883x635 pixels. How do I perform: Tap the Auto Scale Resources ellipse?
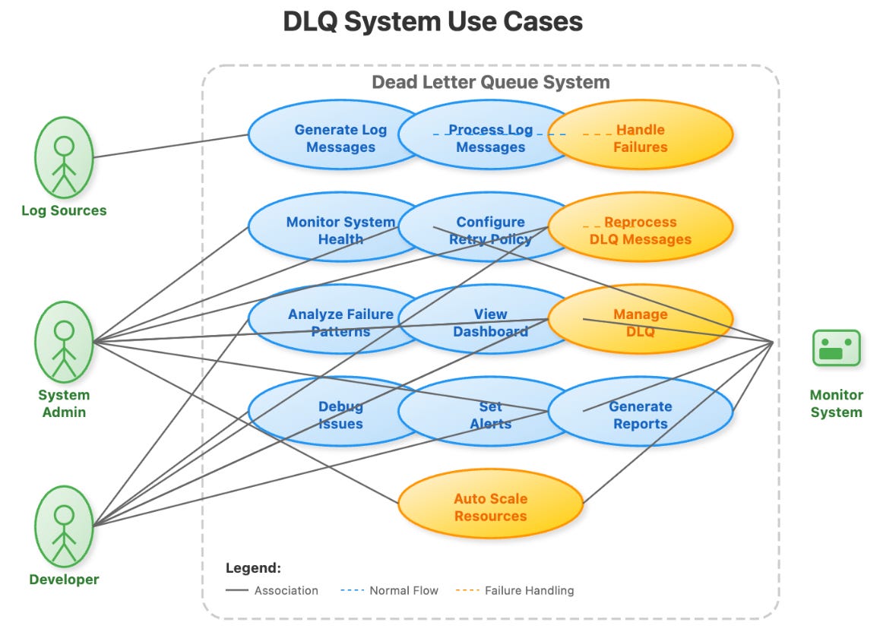(x=490, y=507)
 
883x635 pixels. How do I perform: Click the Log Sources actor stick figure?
(x=64, y=158)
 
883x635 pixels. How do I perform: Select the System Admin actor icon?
(x=64, y=342)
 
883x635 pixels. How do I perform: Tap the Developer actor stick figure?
(x=64, y=526)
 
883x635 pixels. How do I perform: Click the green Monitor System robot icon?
(x=836, y=349)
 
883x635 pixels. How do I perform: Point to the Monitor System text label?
(x=836, y=403)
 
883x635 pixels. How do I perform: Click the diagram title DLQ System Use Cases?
(x=432, y=21)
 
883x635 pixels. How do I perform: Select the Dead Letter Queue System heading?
(x=490, y=82)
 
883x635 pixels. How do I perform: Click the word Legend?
(x=253, y=567)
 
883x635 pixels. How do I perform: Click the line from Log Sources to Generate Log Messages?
(x=171, y=147)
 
